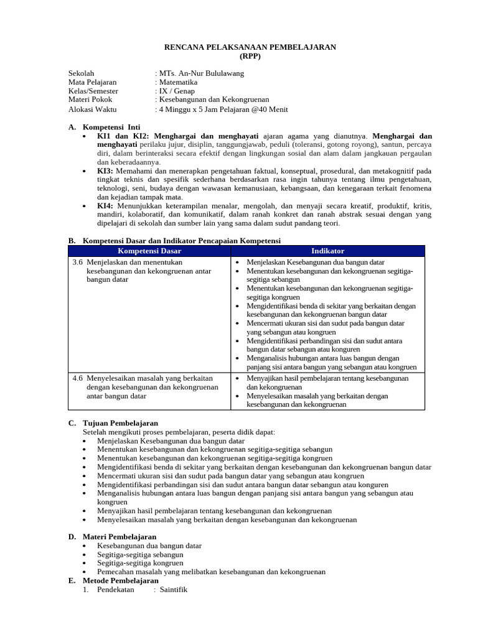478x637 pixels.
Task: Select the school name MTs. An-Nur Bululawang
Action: click(200, 73)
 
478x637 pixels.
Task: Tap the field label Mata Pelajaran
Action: click(92, 82)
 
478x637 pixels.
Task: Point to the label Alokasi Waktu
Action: click(93, 109)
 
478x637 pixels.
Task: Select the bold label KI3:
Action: click(105, 170)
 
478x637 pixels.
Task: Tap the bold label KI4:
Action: click(105, 206)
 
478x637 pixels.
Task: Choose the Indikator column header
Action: click(327, 251)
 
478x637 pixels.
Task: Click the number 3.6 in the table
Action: click(78, 263)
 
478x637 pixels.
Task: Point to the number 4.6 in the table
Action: click(78, 378)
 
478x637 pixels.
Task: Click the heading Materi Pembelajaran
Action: click(120, 536)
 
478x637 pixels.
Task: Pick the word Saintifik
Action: click(174, 590)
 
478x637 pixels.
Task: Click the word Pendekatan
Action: click(116, 590)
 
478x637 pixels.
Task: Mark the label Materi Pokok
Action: click(90, 100)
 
